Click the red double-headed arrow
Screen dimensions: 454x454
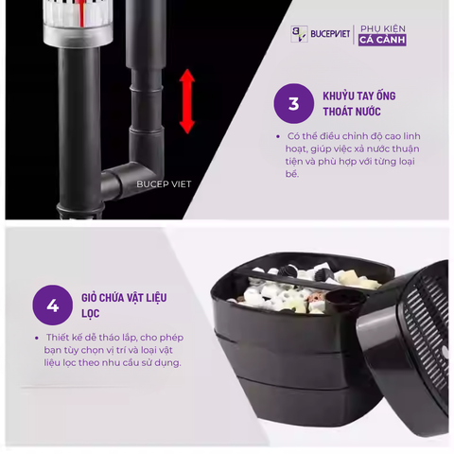pos(187,101)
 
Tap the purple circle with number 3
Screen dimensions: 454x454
pos(293,103)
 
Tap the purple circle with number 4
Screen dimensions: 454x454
pos(53,306)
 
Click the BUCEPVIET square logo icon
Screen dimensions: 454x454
pos(299,34)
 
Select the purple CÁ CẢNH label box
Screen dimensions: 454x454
pos(382,40)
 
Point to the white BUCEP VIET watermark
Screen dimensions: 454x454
pos(164,184)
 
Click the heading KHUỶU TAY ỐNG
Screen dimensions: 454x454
pos(359,96)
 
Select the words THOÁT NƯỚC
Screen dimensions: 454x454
pos(352,112)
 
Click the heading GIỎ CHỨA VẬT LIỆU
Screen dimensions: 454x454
pos(124,298)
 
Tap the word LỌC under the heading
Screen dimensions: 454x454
pos(91,314)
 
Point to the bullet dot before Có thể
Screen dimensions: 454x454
pos(278,136)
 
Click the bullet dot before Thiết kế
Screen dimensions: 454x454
pos(37,338)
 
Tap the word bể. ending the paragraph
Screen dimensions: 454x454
pos(292,174)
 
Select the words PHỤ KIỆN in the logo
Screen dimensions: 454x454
pos(383,29)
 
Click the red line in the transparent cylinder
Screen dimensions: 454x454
pos(81,13)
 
